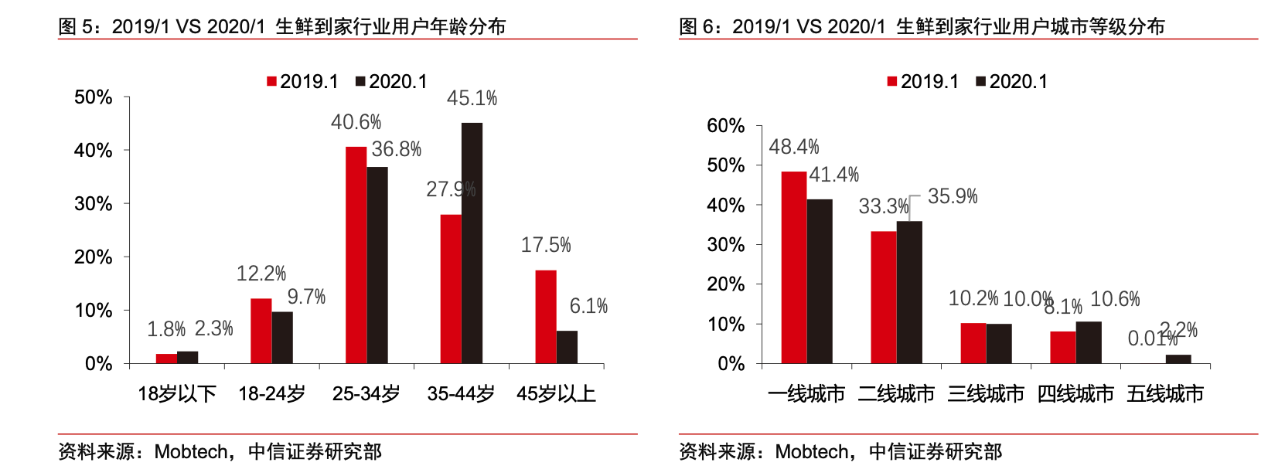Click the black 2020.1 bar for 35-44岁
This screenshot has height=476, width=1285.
(472, 243)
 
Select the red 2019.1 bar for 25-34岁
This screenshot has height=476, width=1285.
(356, 255)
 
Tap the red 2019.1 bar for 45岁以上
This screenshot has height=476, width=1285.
(545, 317)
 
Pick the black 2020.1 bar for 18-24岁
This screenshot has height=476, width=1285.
(282, 338)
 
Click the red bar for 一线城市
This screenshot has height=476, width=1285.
(794, 267)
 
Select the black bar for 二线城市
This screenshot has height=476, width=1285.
(909, 292)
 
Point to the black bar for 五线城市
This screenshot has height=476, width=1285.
(1178, 359)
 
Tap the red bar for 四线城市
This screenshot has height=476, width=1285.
(1063, 348)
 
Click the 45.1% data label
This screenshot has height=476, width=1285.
(472, 99)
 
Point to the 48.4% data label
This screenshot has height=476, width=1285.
(794, 147)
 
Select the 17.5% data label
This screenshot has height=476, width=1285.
(546, 246)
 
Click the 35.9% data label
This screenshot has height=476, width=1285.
(953, 196)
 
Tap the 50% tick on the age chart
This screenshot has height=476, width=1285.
(94, 97)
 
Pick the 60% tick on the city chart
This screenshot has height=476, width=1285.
(726, 126)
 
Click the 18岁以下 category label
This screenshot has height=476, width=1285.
(177, 394)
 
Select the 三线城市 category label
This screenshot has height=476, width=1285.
(986, 394)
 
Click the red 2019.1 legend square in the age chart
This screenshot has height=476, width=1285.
(271, 81)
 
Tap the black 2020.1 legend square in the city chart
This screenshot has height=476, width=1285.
(981, 81)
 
